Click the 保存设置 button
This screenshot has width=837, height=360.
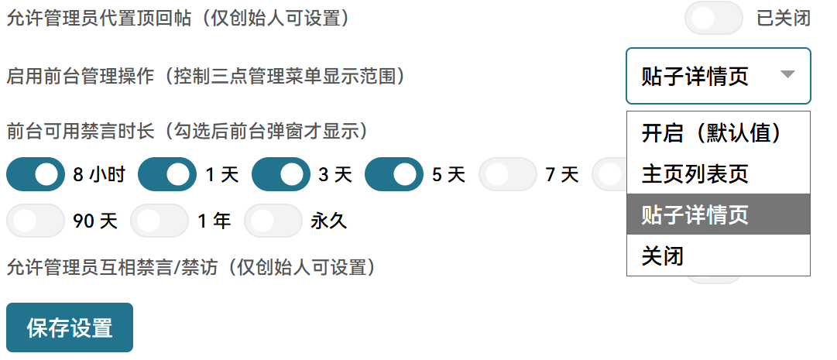pyautogui.click(x=70, y=327)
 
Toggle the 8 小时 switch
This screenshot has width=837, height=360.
pyautogui.click(x=36, y=174)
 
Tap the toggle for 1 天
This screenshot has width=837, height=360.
pyautogui.click(x=167, y=174)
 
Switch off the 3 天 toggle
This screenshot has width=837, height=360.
pyautogui.click(x=281, y=174)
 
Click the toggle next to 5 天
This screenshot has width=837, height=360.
pyautogui.click(x=394, y=174)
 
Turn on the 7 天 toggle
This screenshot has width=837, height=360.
pyautogui.click(x=508, y=174)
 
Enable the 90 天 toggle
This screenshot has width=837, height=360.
pyautogui.click(x=36, y=221)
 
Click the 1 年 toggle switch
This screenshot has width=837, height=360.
pyautogui.click(x=160, y=221)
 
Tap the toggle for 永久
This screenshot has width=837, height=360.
pyautogui.click(x=273, y=221)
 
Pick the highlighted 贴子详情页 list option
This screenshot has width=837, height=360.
pyautogui.click(x=719, y=214)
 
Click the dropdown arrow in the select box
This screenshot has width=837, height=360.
pyautogui.click(x=788, y=74)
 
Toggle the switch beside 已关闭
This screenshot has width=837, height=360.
pyautogui.click(x=714, y=18)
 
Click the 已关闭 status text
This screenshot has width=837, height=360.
pyautogui.click(x=784, y=18)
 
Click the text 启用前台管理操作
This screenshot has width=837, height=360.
pyautogui.click(x=80, y=77)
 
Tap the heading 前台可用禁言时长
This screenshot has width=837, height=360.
pyautogui.click(x=80, y=131)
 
